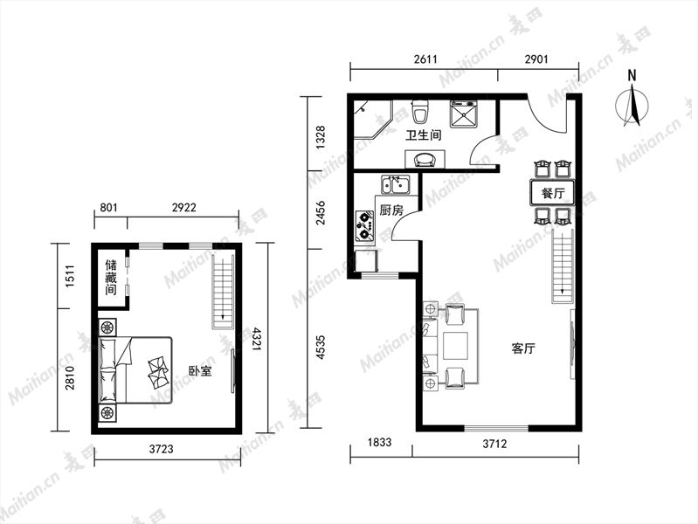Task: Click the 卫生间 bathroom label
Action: [424, 134]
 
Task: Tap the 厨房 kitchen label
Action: [391, 210]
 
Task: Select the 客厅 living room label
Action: [523, 348]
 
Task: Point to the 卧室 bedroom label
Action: [200, 371]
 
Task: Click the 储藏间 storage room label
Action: [111, 278]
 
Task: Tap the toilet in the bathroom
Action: [420, 111]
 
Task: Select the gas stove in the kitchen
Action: [364, 224]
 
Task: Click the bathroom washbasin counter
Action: [425, 159]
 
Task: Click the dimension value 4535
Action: [321, 348]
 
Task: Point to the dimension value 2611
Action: [425, 59]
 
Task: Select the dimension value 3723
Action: [161, 449]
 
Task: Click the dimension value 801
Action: [108, 208]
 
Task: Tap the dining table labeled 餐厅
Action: [552, 193]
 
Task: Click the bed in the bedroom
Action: [135, 370]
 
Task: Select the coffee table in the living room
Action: [455, 346]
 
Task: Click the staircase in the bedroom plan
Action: [223, 292]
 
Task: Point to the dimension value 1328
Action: [321, 137]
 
